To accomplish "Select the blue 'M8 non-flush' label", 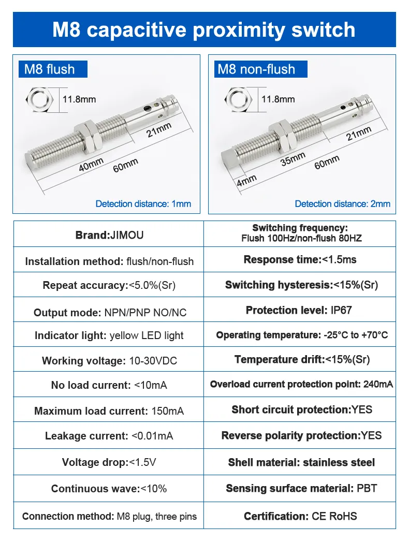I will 257,69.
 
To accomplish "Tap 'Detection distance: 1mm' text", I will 143,204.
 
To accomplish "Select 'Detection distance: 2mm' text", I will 343,204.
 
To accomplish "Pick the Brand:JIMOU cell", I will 109,235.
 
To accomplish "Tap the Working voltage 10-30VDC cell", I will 109,361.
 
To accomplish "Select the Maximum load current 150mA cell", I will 109,411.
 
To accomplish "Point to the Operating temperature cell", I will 302,335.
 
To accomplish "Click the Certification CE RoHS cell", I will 300,516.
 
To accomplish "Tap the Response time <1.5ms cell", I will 300,260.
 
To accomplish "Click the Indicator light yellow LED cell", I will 109,335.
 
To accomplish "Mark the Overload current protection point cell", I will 301,384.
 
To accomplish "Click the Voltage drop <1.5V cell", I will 109,462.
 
